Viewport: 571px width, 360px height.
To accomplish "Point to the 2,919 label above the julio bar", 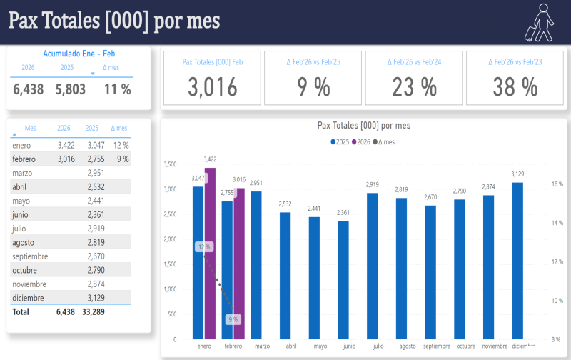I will [373, 185].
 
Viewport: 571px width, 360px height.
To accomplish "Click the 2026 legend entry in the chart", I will [360, 142].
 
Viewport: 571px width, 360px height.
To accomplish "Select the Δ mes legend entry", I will [385, 142].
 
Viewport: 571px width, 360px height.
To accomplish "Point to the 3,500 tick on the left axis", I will [170, 164].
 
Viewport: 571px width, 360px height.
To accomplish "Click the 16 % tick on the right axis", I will [557, 184].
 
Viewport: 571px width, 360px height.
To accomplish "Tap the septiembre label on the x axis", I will [436, 346].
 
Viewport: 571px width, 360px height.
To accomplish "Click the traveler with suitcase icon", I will [540, 22].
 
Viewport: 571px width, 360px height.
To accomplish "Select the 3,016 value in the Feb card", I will [213, 87].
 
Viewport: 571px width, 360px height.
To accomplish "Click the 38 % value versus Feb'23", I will [515, 87].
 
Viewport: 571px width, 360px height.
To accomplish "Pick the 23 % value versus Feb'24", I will [414, 87].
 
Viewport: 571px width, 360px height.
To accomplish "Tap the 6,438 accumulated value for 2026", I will [29, 89].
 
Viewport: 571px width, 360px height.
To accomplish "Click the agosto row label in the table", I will [24, 242].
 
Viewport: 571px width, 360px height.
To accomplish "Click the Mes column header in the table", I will [30, 128].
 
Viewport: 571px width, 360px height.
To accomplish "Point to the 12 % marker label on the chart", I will [205, 247].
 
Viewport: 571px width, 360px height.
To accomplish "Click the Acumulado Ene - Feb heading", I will [79, 53].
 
